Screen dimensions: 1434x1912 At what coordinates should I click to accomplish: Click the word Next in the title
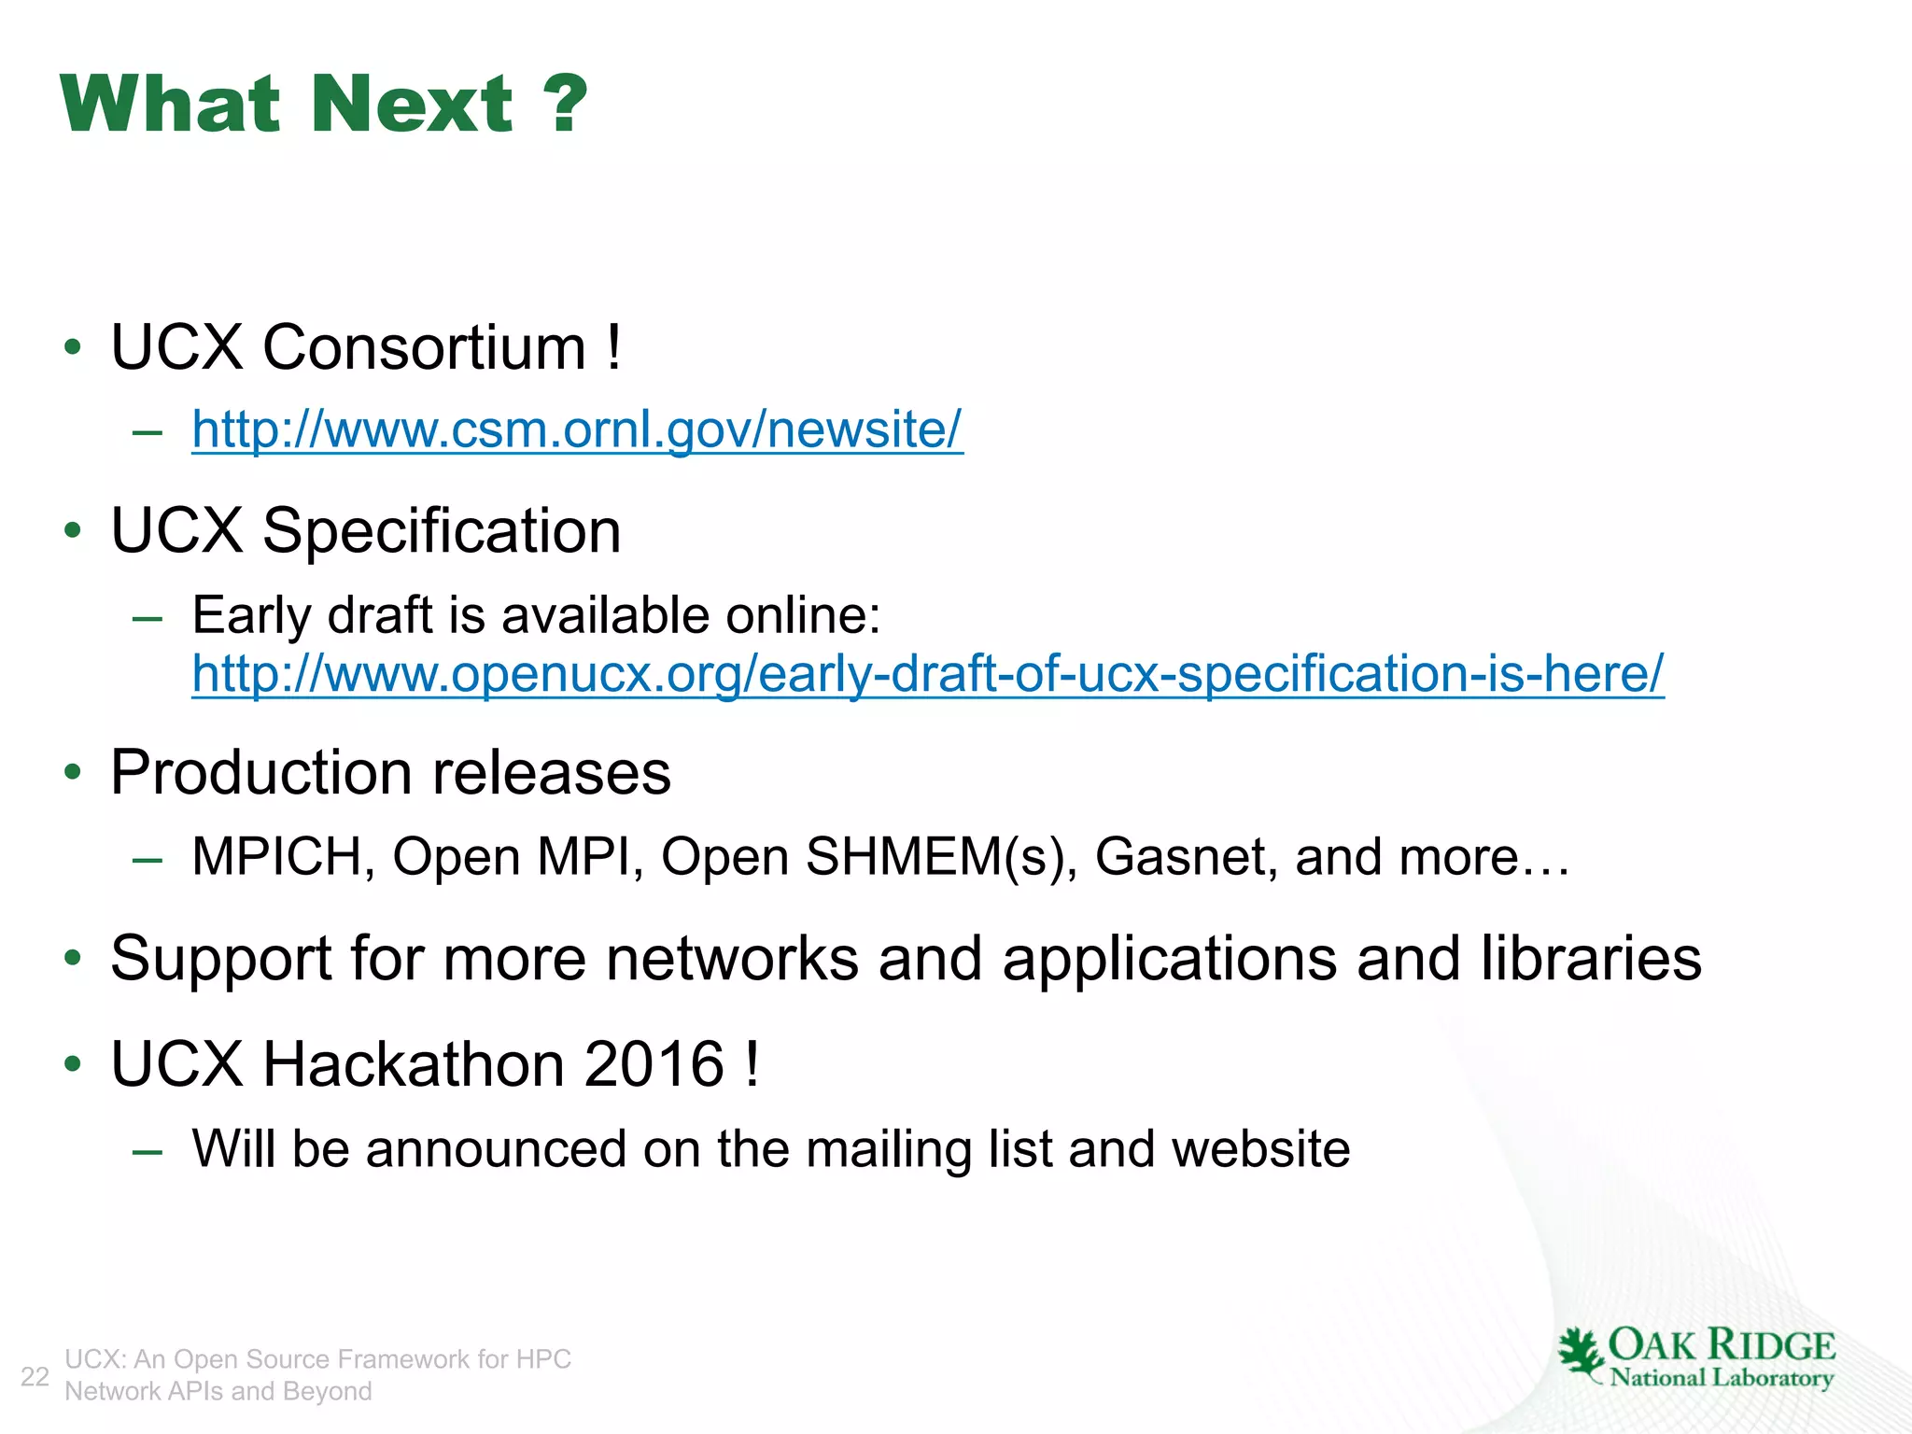click(412, 104)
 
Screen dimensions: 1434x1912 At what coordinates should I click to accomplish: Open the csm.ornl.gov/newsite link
click(577, 429)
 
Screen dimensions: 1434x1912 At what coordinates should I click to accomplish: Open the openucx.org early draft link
click(928, 673)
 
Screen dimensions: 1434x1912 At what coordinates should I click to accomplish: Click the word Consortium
click(424, 347)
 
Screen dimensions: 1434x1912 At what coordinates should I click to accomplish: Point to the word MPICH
click(276, 856)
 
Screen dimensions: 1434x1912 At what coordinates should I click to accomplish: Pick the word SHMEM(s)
click(934, 856)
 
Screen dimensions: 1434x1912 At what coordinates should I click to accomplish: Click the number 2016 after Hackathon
click(654, 1064)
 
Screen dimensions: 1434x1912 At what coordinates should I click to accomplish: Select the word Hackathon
click(413, 1064)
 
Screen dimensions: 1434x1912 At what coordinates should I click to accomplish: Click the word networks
click(732, 959)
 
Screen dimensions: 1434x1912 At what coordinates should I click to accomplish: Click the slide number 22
click(35, 1376)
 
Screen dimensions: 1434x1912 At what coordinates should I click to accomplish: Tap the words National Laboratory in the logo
click(1722, 1378)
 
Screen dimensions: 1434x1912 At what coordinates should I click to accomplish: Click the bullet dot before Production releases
click(73, 773)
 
